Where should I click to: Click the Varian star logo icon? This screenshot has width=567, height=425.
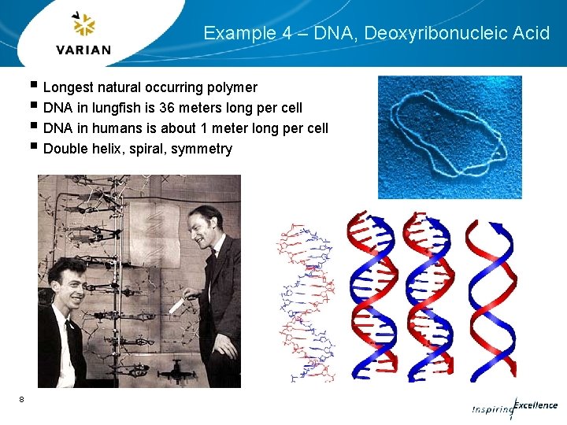pos(83,25)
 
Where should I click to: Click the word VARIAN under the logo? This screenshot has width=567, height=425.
pos(83,50)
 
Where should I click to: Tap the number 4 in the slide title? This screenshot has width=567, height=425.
pos(276,33)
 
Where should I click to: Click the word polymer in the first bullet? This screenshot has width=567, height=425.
pos(229,87)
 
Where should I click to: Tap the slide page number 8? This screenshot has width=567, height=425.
pos(21,400)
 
